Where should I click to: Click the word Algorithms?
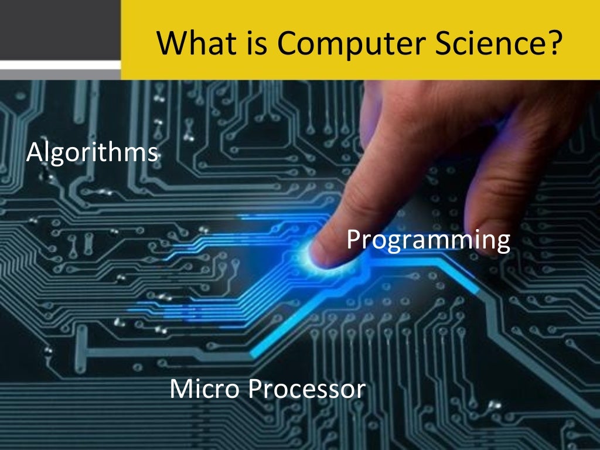93,154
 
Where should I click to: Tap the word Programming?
428,240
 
